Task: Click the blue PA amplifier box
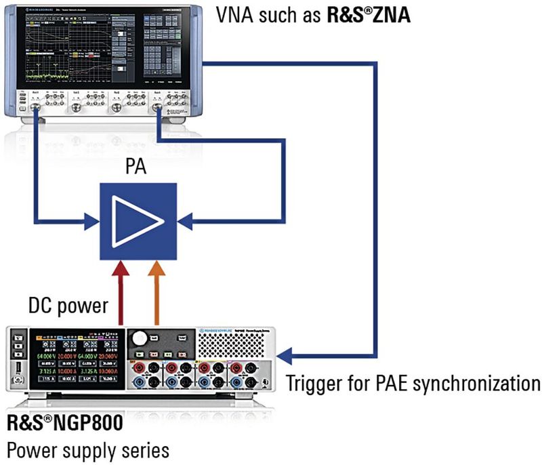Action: tap(138, 220)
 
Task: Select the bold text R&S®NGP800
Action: tap(65, 425)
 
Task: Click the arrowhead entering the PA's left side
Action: tap(92, 220)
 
